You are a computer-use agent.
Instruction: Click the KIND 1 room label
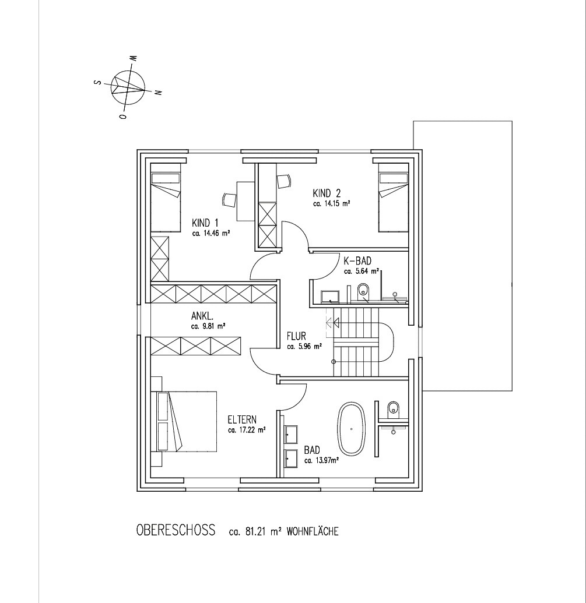205,223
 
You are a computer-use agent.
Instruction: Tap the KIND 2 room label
327,193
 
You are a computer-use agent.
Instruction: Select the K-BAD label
357,262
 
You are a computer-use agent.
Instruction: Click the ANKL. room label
202,316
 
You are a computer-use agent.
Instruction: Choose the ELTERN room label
242,419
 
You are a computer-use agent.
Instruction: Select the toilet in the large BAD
393,408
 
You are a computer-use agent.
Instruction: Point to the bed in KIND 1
166,198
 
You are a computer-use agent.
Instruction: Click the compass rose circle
128,87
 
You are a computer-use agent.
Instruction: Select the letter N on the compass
157,92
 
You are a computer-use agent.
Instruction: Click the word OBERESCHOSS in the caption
176,530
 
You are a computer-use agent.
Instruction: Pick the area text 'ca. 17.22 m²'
247,431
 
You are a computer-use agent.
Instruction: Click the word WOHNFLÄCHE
313,531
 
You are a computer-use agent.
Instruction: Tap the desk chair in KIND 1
229,200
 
